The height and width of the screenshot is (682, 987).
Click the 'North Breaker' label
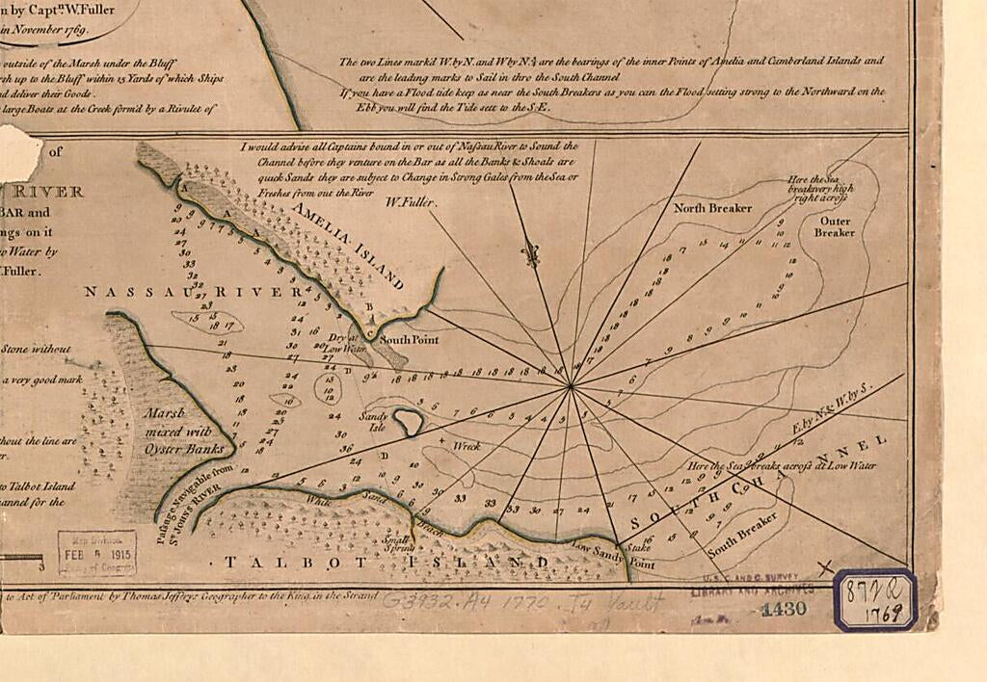pos(712,208)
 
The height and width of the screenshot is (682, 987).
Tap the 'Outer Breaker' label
pos(834,225)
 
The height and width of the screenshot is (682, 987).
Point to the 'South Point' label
pos(408,340)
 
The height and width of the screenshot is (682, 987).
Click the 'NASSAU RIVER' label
pos(194,292)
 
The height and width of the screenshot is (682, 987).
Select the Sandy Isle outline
pos(406,420)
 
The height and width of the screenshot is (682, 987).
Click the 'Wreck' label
pos(467,446)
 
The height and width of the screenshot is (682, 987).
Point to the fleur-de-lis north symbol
pos(527,254)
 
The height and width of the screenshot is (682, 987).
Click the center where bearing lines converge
pos(572,386)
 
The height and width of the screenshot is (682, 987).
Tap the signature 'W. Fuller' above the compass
pos(411,203)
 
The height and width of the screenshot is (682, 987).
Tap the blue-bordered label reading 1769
pos(875,600)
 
